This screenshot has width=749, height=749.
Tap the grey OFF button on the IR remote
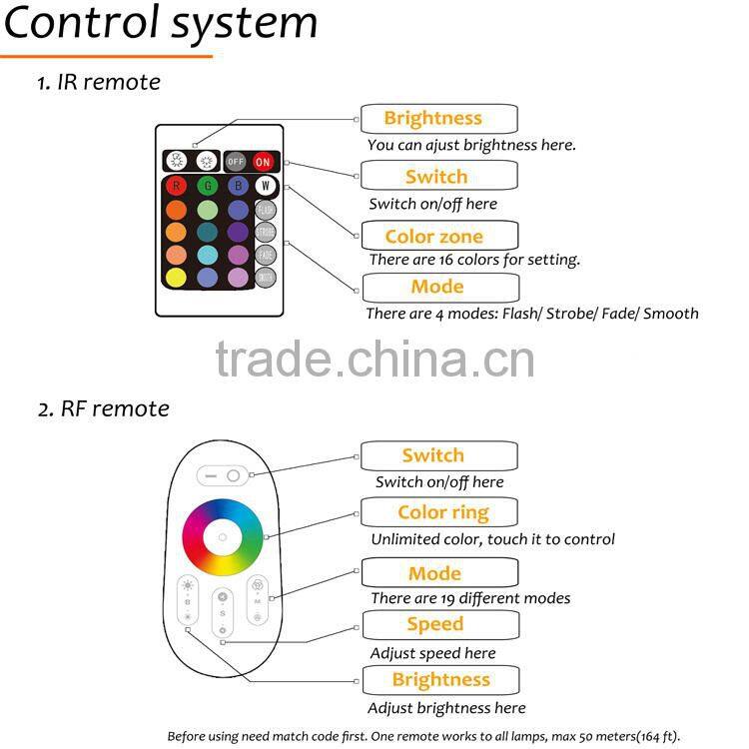[x=236, y=161]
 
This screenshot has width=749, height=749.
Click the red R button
[x=177, y=185]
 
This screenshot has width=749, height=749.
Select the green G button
[x=207, y=185]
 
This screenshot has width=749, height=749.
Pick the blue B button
[x=237, y=185]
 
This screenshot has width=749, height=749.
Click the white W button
[x=266, y=185]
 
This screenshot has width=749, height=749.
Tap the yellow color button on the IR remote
[x=177, y=277]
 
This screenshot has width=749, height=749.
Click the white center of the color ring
[x=222, y=536]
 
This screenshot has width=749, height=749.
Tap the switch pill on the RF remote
[x=222, y=476]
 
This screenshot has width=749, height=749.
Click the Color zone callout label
[x=434, y=237]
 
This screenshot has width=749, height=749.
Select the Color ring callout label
[x=442, y=512]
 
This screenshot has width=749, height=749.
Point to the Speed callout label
[x=435, y=624]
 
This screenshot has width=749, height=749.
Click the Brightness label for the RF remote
[x=441, y=680]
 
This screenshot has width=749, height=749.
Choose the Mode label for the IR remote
[x=437, y=287]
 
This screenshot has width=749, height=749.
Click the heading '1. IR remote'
[x=98, y=82]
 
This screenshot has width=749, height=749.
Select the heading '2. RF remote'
[x=103, y=408]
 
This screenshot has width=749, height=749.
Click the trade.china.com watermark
[x=374, y=360]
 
